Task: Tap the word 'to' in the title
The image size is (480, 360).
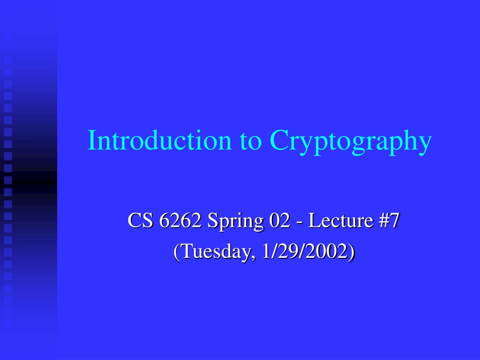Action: point(250,141)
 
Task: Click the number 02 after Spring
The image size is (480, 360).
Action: point(279,221)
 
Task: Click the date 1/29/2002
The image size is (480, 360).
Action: point(305,252)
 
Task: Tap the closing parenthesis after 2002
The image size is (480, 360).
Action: point(352,252)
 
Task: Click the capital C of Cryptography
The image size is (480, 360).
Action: point(278,141)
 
